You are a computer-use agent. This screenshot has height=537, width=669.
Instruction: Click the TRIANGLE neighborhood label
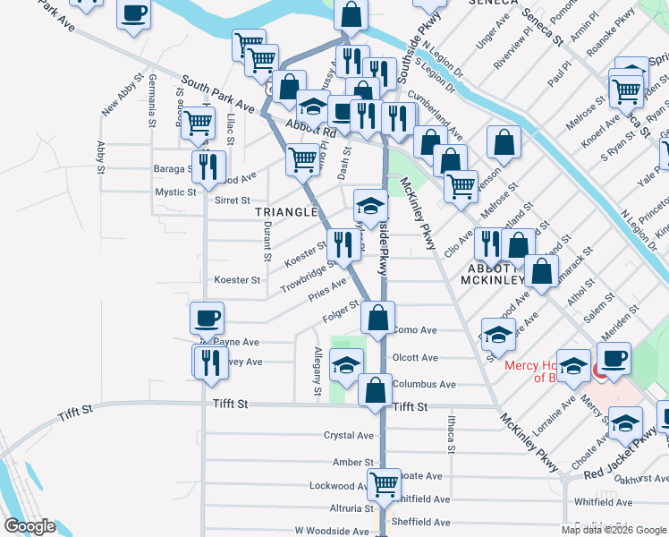tap(286, 212)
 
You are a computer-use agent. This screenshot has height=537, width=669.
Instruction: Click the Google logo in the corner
tap(30, 526)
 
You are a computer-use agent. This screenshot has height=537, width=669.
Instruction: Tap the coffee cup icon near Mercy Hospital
tap(614, 359)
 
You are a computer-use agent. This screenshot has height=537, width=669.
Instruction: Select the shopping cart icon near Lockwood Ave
tap(385, 484)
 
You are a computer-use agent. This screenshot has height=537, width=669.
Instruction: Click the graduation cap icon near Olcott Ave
tap(347, 364)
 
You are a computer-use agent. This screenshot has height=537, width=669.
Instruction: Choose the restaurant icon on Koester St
tap(343, 243)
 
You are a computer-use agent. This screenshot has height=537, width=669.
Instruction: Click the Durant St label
tap(267, 242)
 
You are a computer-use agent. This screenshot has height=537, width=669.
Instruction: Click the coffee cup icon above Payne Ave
tap(207, 318)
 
